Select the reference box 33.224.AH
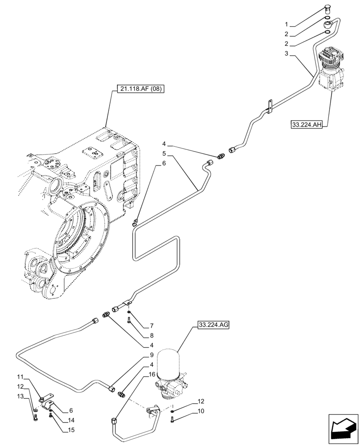(x=307, y=125)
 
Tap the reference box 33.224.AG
(x=211, y=326)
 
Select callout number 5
(x=164, y=153)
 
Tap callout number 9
(x=152, y=355)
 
